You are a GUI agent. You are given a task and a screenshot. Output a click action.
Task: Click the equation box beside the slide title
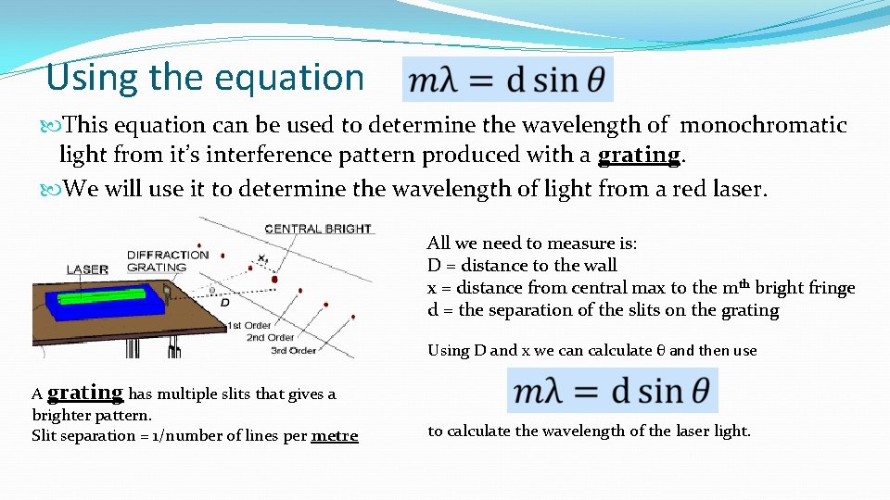click(508, 80)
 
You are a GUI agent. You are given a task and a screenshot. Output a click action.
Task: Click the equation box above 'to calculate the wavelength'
click(612, 391)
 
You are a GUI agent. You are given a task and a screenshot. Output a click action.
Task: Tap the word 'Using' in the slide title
click(84, 77)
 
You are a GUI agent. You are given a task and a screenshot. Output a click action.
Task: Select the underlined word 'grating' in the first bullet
click(639, 154)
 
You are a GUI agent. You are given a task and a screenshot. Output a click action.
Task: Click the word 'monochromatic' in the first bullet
click(763, 125)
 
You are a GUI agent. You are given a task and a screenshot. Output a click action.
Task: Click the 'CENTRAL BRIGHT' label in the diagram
click(317, 229)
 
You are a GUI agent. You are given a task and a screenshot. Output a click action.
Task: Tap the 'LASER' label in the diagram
click(87, 269)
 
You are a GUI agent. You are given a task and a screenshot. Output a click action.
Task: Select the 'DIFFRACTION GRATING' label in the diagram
click(168, 261)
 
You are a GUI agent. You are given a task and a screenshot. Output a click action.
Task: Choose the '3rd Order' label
click(292, 349)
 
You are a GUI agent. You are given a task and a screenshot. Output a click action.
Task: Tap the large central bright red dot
click(273, 279)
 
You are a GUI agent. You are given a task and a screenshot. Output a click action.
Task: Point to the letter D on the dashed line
click(224, 302)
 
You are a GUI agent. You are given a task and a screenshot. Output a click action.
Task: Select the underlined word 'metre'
click(335, 435)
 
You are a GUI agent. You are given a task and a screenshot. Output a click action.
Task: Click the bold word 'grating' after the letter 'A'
click(85, 393)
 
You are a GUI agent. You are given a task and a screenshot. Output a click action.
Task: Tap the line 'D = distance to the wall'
click(522, 266)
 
